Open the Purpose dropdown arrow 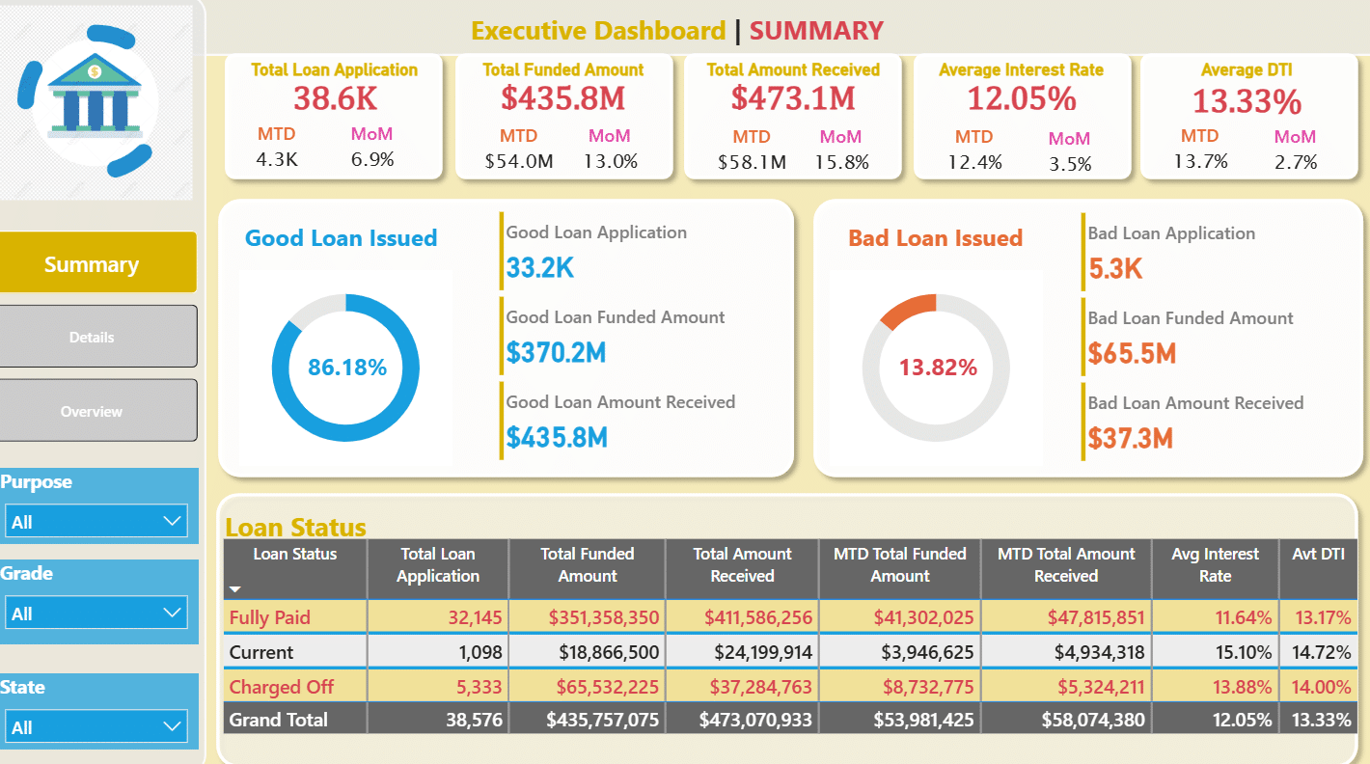172,521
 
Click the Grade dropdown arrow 172,613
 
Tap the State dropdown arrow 172,726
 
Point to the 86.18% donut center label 346,367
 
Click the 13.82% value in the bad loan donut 938,367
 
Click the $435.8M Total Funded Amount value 562,97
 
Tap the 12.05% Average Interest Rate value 1022,98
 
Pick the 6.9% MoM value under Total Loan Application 371,160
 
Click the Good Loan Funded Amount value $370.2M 556,352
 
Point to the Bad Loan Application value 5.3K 1115,268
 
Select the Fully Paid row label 270,617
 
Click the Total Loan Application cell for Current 480,652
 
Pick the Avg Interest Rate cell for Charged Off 1243,687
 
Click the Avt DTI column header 1318,554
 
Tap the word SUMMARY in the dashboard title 816,31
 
